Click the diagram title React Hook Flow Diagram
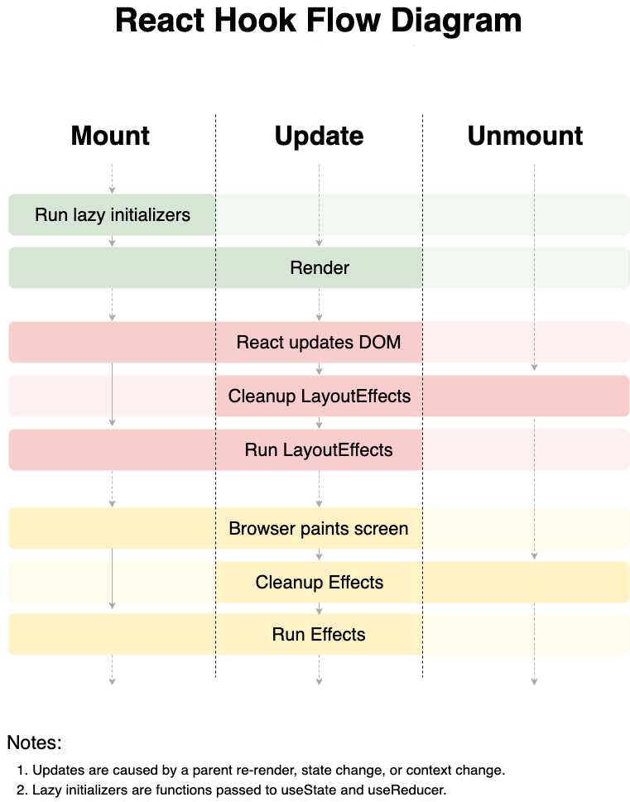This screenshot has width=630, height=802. click(319, 21)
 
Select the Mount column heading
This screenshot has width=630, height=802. click(110, 136)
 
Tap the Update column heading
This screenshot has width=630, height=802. click(319, 137)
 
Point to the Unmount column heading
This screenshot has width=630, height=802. click(525, 136)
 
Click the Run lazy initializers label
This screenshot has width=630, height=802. click(113, 215)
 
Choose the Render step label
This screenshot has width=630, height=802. click(320, 267)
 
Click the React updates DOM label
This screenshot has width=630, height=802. click(319, 342)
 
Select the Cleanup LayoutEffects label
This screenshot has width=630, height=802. click(320, 396)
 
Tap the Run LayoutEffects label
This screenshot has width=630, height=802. click(319, 449)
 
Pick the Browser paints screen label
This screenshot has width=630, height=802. click(319, 528)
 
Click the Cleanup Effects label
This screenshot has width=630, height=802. click(320, 582)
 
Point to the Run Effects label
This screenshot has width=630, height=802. click(319, 634)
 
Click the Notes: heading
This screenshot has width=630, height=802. click(34, 742)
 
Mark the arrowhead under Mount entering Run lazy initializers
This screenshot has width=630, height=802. click(112, 190)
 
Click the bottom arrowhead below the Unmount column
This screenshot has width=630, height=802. click(534, 681)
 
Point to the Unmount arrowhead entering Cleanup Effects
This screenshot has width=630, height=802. click(534, 556)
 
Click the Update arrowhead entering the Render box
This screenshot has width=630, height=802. click(319, 243)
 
